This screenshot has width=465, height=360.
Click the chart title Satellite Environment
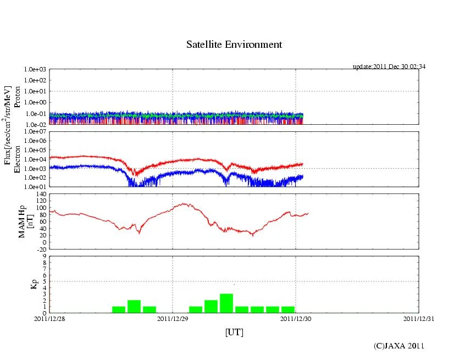(234, 45)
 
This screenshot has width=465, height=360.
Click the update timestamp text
(389, 67)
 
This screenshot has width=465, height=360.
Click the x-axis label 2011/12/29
(173, 318)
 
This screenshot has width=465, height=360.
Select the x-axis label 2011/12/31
(419, 318)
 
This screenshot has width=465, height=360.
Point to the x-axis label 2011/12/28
(49, 318)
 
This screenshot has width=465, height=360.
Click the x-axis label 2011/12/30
(296, 318)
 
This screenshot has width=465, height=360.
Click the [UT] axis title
(234, 332)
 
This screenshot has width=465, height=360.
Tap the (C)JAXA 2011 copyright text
(398, 346)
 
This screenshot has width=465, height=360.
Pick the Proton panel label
(17, 97)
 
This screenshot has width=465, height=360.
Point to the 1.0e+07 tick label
(36, 132)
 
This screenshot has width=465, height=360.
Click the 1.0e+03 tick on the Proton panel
(36, 70)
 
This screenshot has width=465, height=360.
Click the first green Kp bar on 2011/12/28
(119, 309)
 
